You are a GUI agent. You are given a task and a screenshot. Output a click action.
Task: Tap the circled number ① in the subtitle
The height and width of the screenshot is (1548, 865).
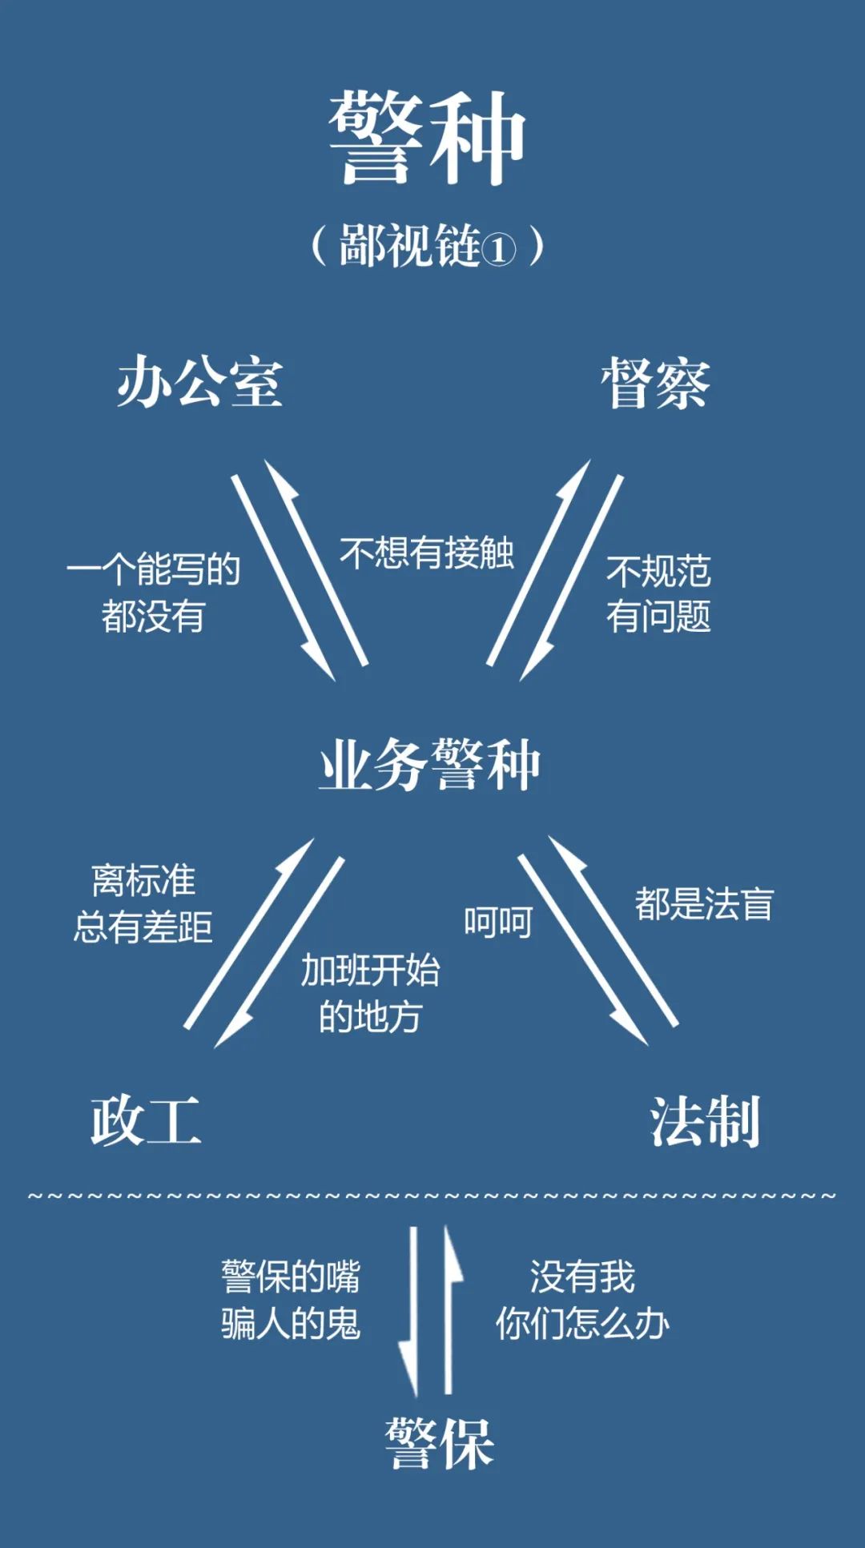498,250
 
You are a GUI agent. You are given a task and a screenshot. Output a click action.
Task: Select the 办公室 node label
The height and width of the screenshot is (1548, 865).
200,383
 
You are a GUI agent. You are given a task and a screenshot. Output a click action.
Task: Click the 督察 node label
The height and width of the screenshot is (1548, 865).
655,384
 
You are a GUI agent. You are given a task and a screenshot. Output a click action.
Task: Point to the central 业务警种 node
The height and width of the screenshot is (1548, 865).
430,766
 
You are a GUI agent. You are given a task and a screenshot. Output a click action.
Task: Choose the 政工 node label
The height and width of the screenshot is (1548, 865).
145,1121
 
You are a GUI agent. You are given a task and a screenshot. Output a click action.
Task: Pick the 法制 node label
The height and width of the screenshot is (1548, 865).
704,1122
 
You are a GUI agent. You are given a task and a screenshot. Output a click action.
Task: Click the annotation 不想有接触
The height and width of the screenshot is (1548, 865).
427,553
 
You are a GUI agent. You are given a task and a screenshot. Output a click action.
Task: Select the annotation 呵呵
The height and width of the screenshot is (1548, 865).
498,923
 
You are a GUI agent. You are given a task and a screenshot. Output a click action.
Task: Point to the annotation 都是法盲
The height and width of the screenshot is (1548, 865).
704,904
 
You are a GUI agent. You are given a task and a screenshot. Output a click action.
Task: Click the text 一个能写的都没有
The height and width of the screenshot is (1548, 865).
153,593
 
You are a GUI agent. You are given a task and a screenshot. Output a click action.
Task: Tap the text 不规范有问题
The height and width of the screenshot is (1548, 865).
658,594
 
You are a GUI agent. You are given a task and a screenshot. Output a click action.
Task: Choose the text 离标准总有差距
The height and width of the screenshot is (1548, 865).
143,904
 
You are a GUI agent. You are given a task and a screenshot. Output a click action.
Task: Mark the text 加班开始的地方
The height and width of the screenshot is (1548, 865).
370,994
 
